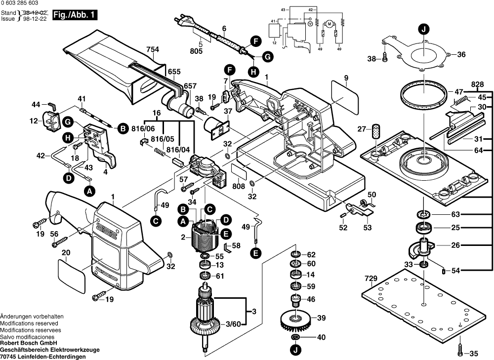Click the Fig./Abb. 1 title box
point(75,15)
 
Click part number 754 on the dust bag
point(153,49)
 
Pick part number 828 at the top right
point(477,84)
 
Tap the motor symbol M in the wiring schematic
point(329,23)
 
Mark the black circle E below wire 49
point(255,253)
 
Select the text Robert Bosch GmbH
point(29,343)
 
